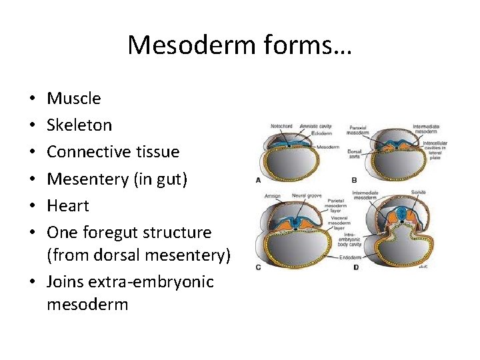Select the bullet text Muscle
(x=74, y=99)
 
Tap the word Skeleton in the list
(x=79, y=125)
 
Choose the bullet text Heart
(x=68, y=205)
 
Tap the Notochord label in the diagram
(x=282, y=126)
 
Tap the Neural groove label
(x=306, y=196)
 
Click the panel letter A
(x=258, y=180)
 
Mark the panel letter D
(x=356, y=267)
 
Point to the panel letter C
(x=258, y=267)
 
